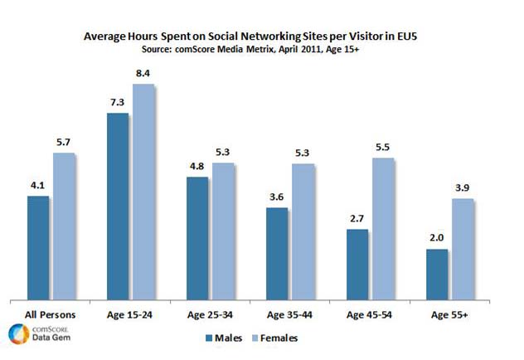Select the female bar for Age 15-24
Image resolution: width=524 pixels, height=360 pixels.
click(x=144, y=192)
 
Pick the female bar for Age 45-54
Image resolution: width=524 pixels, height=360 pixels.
click(x=383, y=228)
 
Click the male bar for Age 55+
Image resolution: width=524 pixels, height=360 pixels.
click(x=437, y=274)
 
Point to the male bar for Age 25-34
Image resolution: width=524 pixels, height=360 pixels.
click(x=197, y=237)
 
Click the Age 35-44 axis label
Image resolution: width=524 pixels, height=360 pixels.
click(x=289, y=315)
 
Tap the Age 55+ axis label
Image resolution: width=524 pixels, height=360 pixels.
click(x=449, y=315)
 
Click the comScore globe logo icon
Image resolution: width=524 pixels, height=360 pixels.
click(x=17, y=334)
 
